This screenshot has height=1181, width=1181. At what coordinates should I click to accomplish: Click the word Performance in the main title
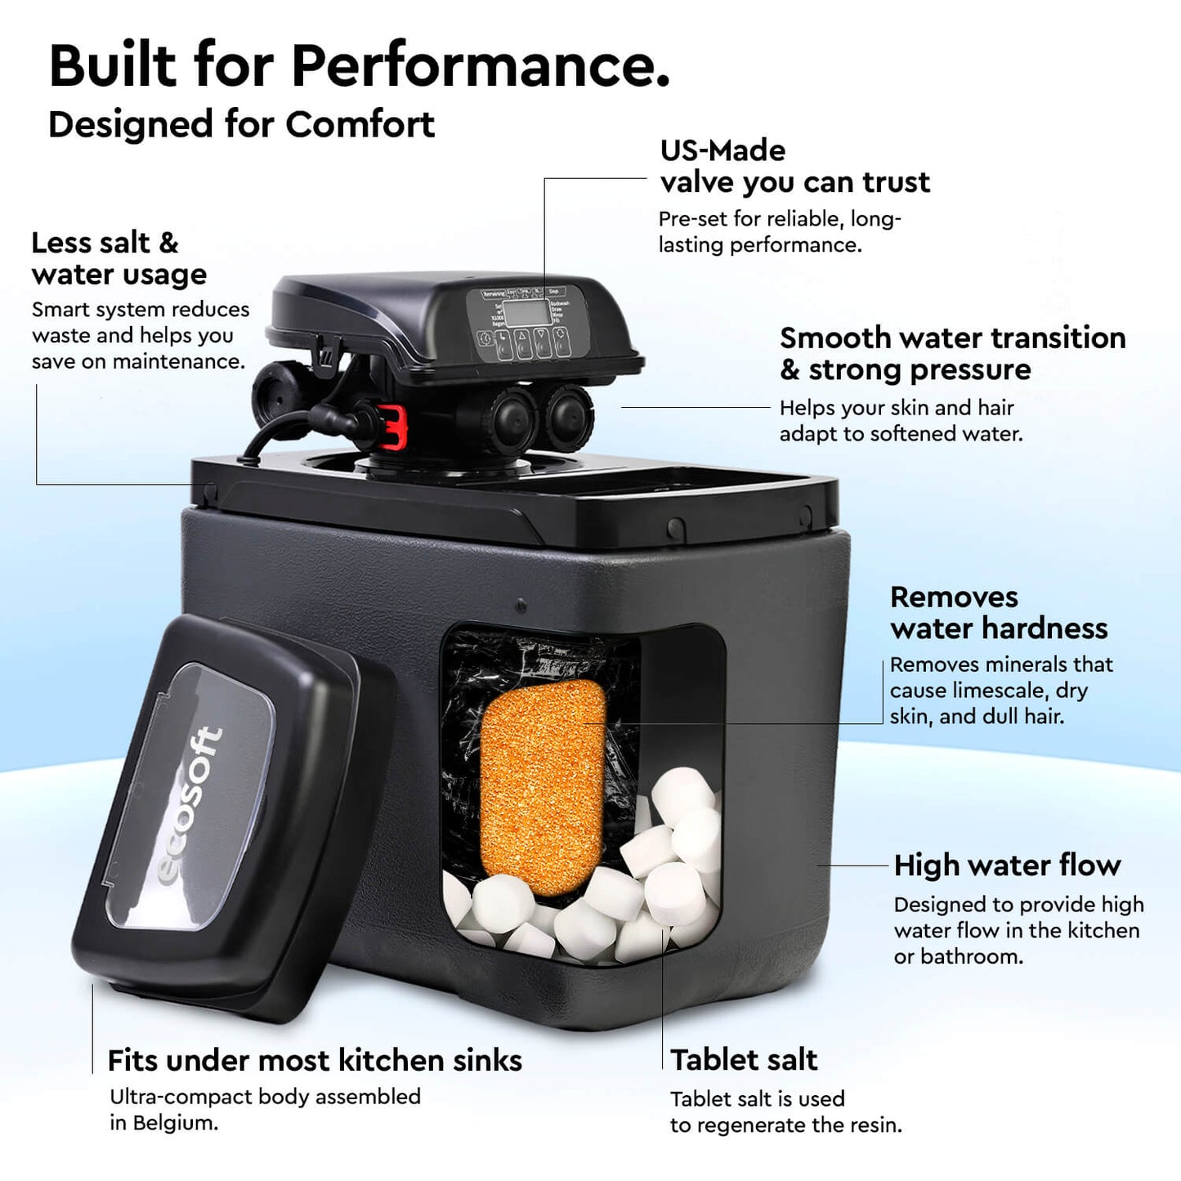point(481,65)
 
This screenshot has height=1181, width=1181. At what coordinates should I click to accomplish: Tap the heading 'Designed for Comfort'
point(241,125)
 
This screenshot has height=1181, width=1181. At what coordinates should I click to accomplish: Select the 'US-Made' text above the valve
point(722,150)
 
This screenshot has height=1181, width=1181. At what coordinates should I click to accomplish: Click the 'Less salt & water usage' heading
point(119,258)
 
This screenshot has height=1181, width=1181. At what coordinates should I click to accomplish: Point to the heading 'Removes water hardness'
point(999,612)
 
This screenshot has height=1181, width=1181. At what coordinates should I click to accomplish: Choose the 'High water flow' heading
point(1007,865)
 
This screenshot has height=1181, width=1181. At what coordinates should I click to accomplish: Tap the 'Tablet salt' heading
point(744,1060)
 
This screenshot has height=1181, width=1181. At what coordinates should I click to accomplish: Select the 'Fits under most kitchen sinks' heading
point(315,1061)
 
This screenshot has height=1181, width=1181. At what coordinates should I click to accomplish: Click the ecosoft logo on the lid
point(190,805)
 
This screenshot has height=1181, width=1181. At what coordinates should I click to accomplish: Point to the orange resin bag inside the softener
point(541,785)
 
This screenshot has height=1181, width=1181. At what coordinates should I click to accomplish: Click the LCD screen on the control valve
point(525,312)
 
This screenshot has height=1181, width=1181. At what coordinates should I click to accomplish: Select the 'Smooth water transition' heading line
point(952,338)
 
